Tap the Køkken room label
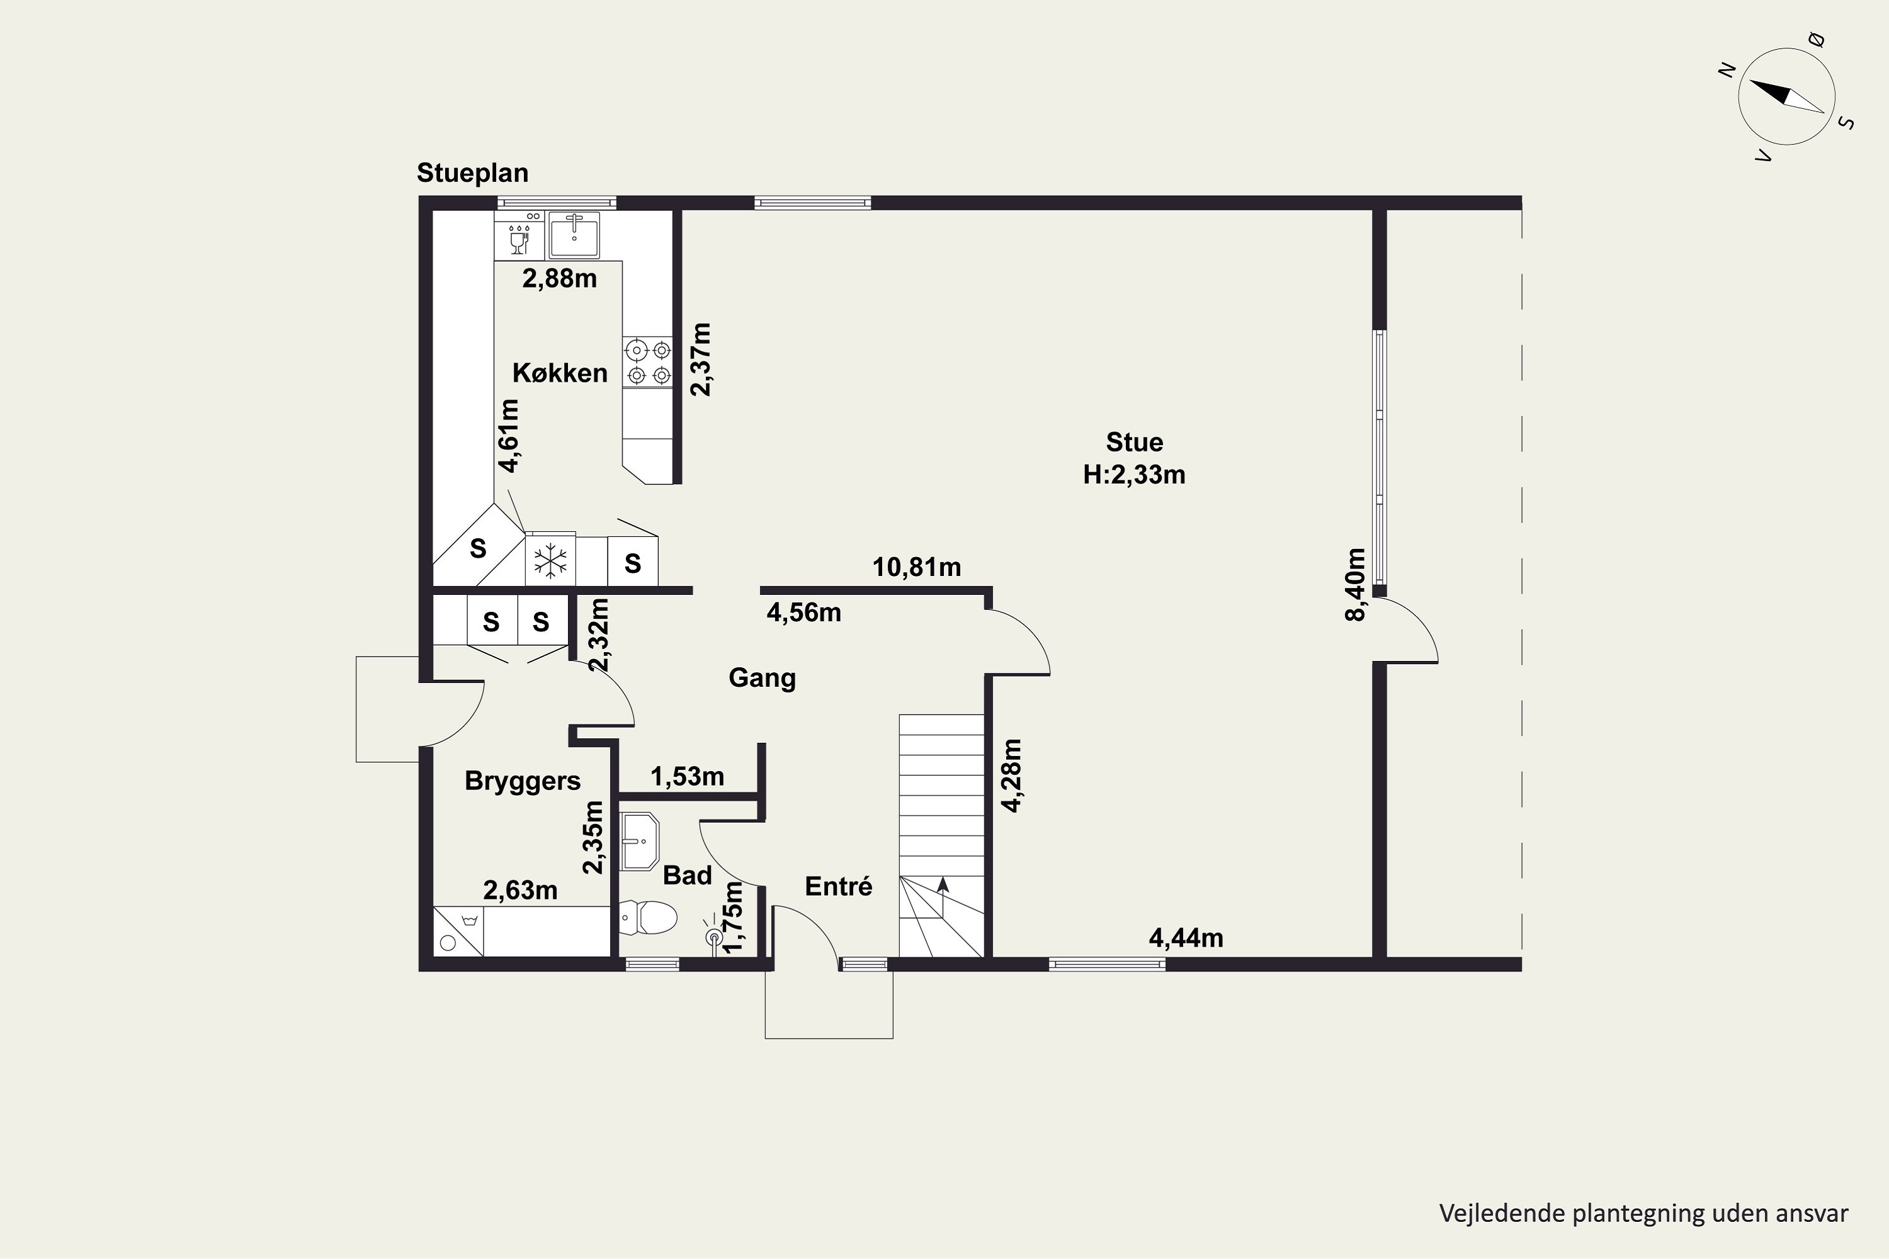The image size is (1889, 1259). pyautogui.click(x=560, y=373)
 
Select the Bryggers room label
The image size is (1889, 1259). pyautogui.click(x=523, y=781)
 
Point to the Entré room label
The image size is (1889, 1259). pyautogui.click(x=839, y=886)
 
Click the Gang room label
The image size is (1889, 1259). pyautogui.click(x=762, y=679)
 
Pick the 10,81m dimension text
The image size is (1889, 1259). pyautogui.click(x=916, y=568)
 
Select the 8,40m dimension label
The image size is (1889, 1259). pyautogui.click(x=1355, y=585)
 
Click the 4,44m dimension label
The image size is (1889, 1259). pyautogui.click(x=1186, y=938)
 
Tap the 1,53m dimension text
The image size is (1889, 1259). pyautogui.click(x=687, y=776)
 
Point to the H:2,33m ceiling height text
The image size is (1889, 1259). pyautogui.click(x=1134, y=475)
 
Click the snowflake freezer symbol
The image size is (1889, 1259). pyautogui.click(x=551, y=560)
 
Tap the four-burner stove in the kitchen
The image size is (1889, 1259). pyautogui.click(x=648, y=362)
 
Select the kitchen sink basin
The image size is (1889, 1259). pyautogui.click(x=574, y=234)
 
